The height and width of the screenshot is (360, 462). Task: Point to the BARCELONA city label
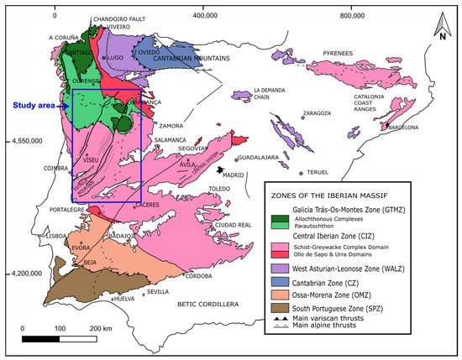point(401,128)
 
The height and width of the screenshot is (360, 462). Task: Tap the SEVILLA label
point(157,292)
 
